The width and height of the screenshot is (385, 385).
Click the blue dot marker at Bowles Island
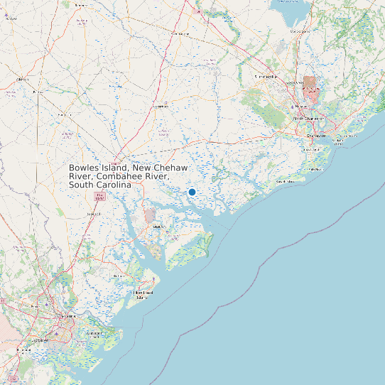coord(192,192)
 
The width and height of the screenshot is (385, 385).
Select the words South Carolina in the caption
coord(100,185)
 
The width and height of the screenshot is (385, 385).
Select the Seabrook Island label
coord(286,182)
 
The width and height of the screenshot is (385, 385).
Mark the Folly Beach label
coord(317,169)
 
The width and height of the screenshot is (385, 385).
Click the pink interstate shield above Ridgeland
coord(99,195)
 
